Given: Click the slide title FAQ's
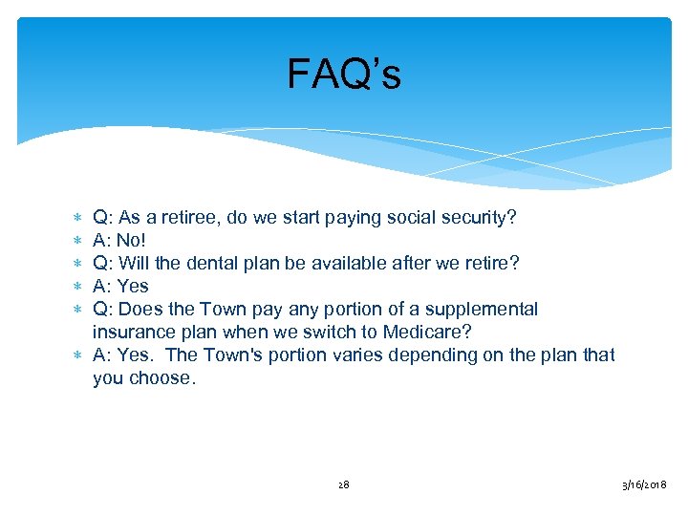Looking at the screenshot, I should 344,75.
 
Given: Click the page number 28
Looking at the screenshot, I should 344,485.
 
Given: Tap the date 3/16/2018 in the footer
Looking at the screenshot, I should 645,485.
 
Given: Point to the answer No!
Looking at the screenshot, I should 130,241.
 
